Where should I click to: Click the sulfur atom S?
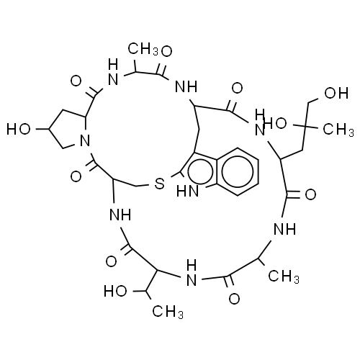pyautogui.click(x=159, y=184)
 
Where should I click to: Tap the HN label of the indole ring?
pyautogui.click(x=188, y=192)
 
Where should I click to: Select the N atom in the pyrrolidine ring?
pyautogui.click(x=85, y=140)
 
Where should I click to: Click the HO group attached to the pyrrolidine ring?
pyautogui.click(x=19, y=129)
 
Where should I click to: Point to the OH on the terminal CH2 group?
pyautogui.click(x=336, y=93)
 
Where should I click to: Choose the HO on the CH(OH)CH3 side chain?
pyautogui.click(x=115, y=291)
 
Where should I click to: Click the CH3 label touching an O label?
pyautogui.click(x=143, y=50)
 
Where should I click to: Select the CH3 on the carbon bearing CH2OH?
pyautogui.click(x=338, y=130)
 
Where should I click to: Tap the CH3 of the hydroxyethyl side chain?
pyautogui.click(x=168, y=312)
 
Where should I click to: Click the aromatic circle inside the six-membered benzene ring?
pyautogui.click(x=238, y=171)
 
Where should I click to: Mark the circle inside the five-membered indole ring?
pyautogui.click(x=200, y=172)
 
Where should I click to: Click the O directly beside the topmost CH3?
pyautogui.click(x=166, y=51)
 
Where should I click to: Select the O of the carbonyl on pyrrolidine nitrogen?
pyautogui.click(x=76, y=177)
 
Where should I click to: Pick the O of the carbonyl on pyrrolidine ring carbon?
pyautogui.click(x=76, y=81)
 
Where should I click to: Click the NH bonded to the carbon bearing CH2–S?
pyautogui.click(x=120, y=215)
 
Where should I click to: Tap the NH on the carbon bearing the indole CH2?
pyautogui.click(x=186, y=86)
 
